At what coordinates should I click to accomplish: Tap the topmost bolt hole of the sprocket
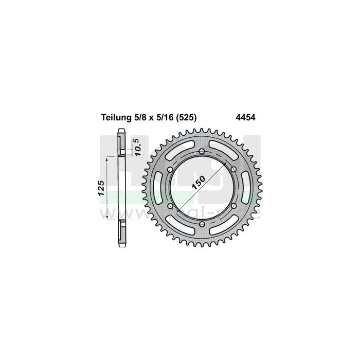point(201,151)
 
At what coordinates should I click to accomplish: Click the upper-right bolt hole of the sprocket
point(233,169)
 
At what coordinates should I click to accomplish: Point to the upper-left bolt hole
point(170,168)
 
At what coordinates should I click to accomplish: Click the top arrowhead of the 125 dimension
point(107,160)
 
